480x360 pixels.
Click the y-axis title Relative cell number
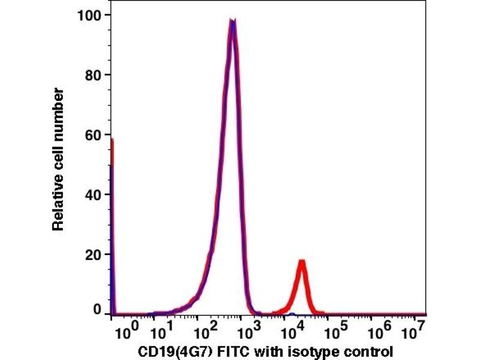pos(58,159)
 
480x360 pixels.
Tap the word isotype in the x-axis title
pos(295,350)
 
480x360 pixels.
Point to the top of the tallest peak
pos(233,22)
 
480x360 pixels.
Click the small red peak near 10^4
pos(302,263)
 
